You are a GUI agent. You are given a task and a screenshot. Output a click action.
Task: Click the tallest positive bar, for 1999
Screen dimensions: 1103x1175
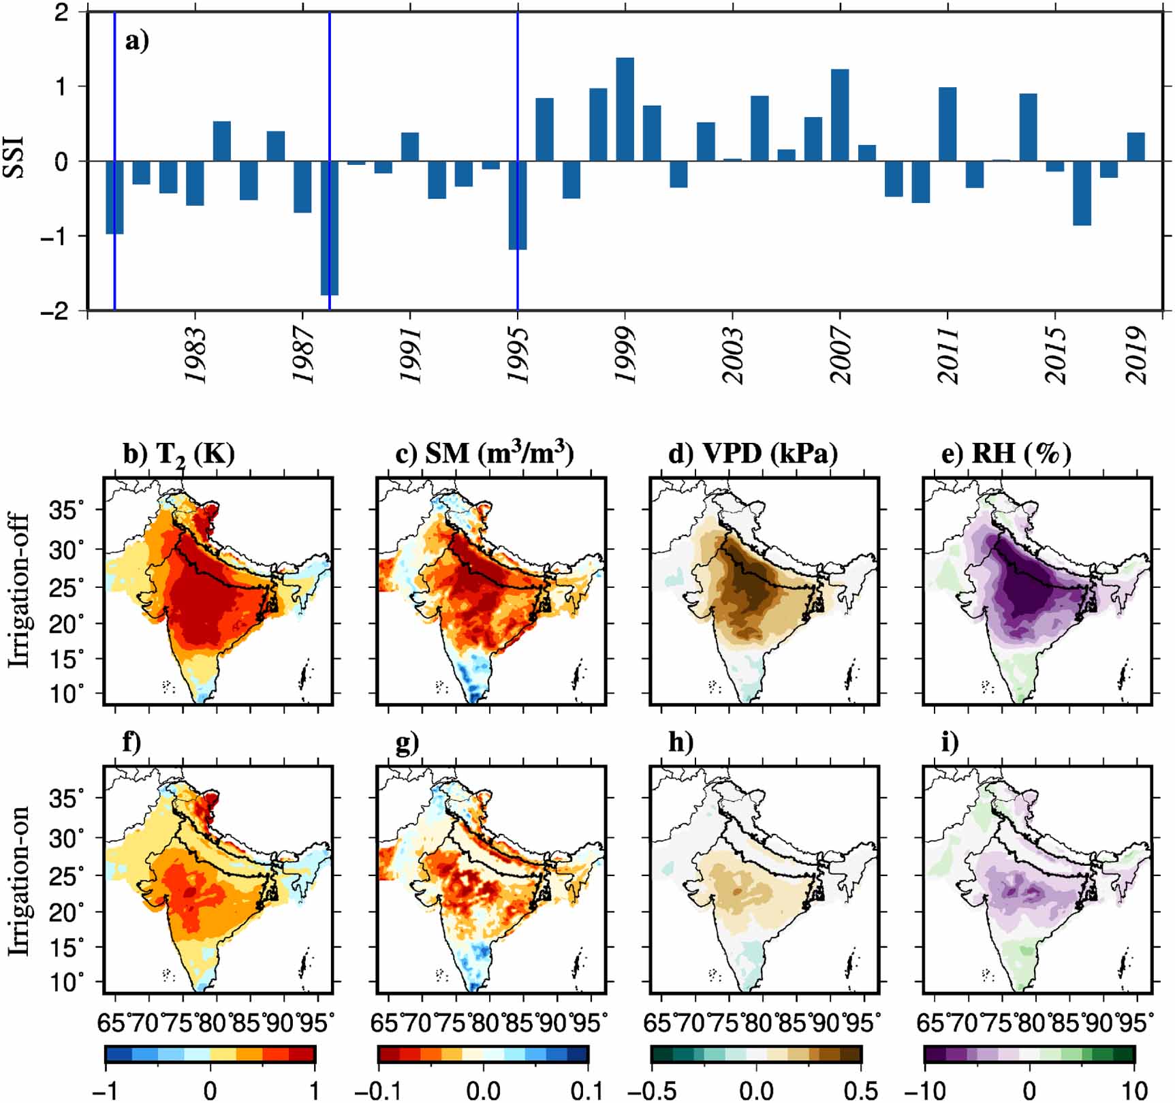coord(625,110)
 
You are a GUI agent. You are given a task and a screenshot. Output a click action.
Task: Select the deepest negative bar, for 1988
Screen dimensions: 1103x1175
coord(330,228)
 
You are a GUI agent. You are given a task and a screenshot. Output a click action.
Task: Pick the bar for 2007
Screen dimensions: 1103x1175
coord(840,115)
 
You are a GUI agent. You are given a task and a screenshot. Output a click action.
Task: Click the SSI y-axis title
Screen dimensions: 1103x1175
coord(14,157)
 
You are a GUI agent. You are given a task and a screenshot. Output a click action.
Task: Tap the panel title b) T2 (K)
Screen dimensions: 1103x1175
coord(178,454)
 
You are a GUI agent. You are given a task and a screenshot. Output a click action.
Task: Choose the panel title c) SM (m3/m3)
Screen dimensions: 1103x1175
coord(484,452)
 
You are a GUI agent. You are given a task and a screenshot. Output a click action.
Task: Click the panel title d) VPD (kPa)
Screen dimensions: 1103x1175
coord(752,452)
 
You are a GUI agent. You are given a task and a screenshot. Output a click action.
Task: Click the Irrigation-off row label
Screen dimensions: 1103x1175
coord(19,590)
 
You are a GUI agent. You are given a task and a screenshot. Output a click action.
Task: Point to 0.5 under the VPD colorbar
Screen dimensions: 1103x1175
coord(860,1090)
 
